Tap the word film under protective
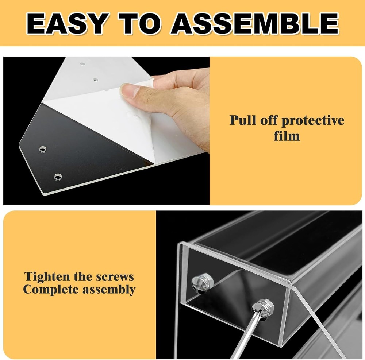click(287, 136)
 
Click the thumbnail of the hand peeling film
click(106, 131)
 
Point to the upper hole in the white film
click(82, 64)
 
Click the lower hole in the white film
click(95, 79)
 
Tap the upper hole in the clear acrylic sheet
click(43, 149)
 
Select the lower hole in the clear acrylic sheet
click(58, 177)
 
